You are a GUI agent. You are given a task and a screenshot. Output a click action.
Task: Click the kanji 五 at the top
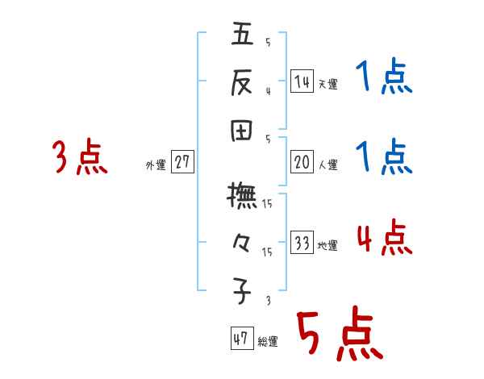point(243,35)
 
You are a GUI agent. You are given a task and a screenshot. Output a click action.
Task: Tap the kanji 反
point(243,81)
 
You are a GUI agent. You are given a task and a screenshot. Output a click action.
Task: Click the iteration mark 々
point(243,241)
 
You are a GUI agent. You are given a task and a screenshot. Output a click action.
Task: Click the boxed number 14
point(302,81)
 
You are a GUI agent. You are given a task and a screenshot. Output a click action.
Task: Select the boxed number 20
point(302,162)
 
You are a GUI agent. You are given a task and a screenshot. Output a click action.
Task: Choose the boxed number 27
point(182,162)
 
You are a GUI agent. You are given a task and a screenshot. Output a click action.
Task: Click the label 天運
point(328,84)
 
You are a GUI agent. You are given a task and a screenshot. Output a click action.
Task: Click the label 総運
point(268,342)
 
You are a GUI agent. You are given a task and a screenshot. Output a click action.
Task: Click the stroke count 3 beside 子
point(267,299)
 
